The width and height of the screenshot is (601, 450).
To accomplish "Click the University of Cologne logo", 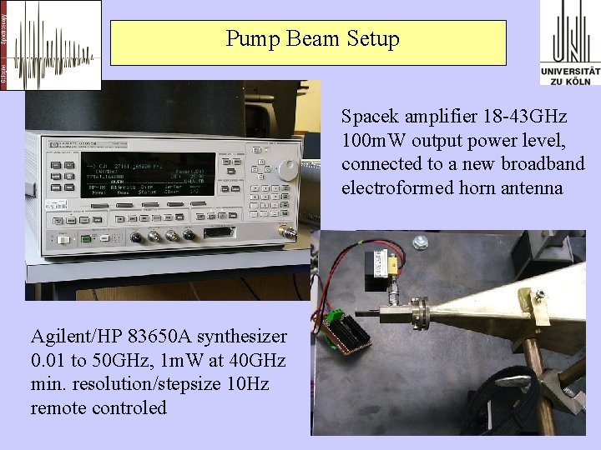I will pos(570,42).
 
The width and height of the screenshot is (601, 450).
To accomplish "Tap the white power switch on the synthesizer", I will pos(63,240).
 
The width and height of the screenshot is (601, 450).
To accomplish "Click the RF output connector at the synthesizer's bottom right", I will pos(287,232).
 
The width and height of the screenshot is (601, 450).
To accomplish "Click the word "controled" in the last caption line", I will pos(129,407).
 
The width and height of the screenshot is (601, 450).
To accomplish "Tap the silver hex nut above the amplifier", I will pos(421,242).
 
